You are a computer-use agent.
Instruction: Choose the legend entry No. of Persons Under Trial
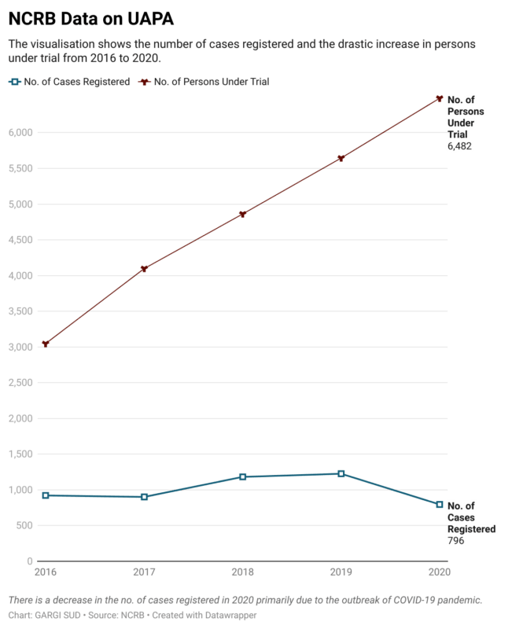204,81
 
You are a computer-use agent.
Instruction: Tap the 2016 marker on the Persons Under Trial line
46,344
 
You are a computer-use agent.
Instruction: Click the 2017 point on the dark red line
144,269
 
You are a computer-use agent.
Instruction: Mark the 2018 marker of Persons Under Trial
242,214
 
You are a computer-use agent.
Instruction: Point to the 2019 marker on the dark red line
341,158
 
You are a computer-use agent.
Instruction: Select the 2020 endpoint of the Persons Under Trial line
439,98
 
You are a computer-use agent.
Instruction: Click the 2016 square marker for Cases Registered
46,495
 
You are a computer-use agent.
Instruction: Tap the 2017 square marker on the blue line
144,497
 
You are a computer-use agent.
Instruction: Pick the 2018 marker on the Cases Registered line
242,476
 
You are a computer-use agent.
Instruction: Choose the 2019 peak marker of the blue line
341,473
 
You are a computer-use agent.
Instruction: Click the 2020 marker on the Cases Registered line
439,505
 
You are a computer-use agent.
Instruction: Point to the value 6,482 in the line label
459,146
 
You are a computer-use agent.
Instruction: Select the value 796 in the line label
455,542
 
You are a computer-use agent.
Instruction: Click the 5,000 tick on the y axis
20,204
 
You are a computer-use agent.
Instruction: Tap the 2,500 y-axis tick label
20,383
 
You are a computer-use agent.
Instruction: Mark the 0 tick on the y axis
29,561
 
